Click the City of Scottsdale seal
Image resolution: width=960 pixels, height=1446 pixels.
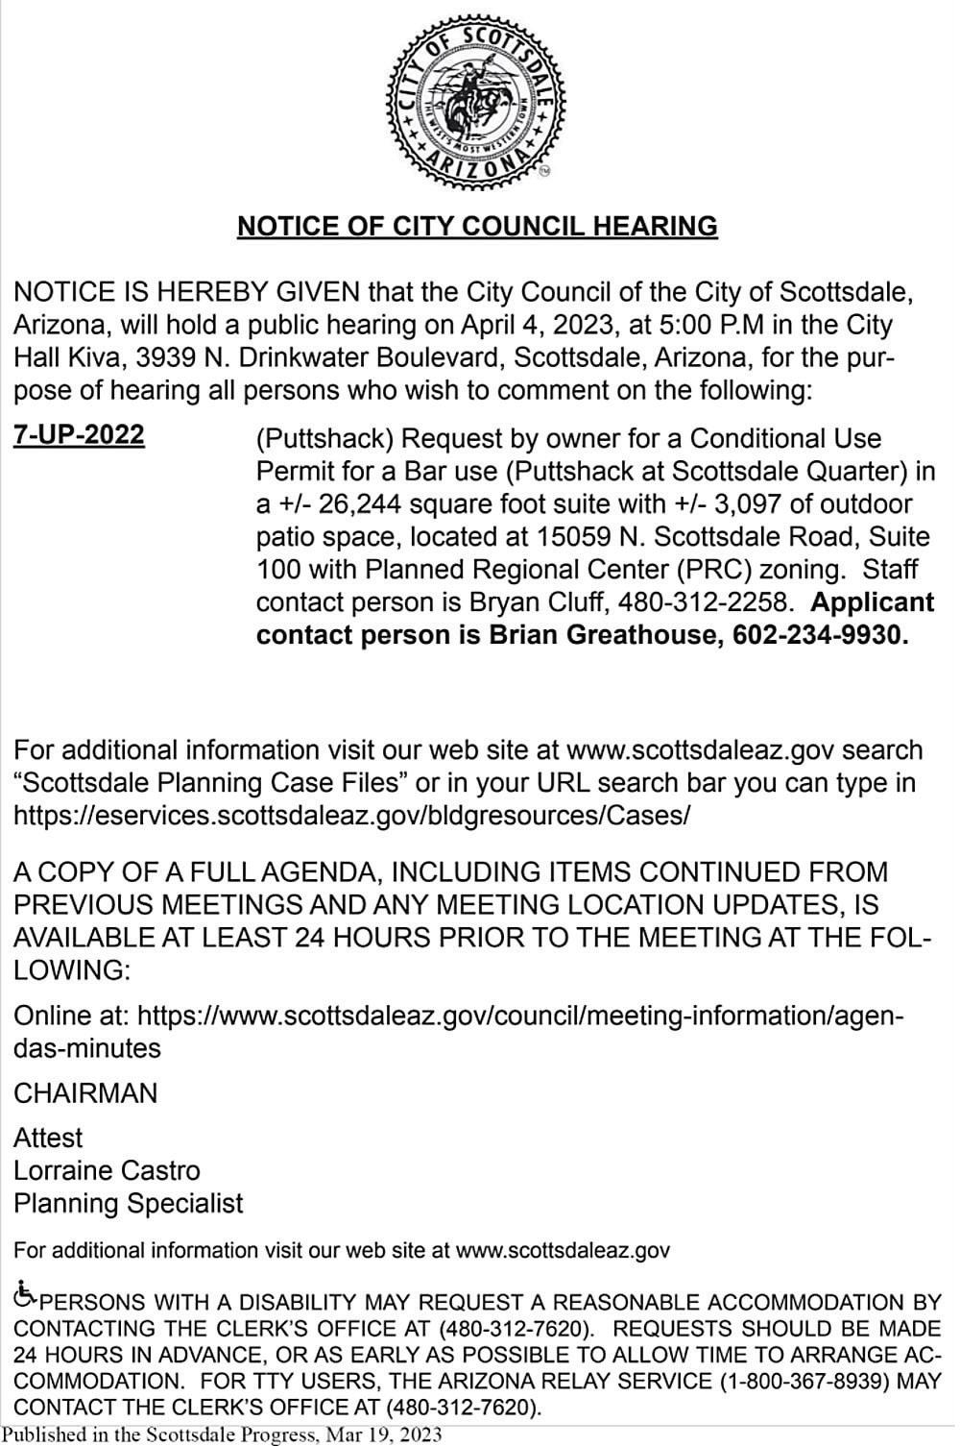tap(477, 101)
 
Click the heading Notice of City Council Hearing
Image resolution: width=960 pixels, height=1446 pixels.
tap(477, 226)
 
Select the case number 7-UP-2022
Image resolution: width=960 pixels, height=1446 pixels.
tap(80, 435)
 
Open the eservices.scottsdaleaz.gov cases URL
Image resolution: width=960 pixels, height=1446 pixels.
tap(351, 816)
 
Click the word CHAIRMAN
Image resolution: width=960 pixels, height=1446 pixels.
tap(85, 1093)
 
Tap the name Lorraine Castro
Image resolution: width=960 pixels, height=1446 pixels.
tap(107, 1170)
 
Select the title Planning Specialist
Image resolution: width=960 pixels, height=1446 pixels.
tap(129, 1203)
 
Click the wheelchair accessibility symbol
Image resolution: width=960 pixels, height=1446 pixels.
tap(26, 1296)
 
